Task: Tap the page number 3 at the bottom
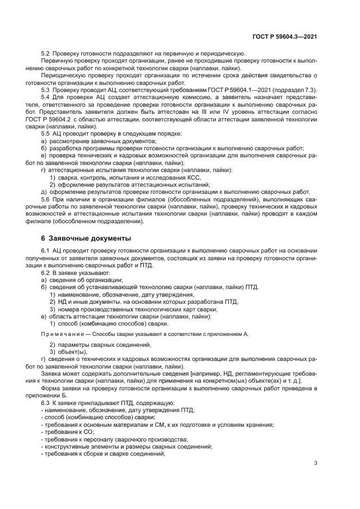[x=316, y=463]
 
